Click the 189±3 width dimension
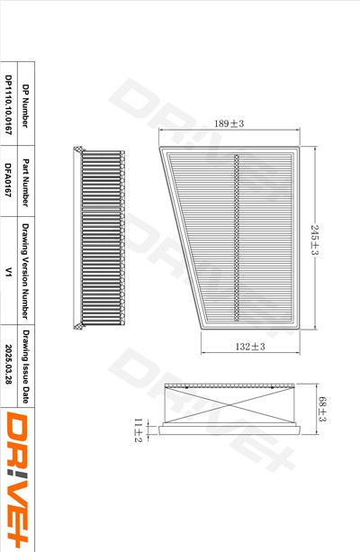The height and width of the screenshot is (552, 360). [229, 123]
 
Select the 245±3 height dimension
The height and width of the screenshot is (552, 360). [314, 240]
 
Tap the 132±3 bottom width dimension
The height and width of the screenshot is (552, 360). [250, 347]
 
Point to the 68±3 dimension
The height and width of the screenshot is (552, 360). [322, 409]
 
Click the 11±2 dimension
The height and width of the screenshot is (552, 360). [138, 430]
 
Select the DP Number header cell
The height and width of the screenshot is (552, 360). [25, 105]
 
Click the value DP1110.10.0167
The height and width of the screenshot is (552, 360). [8, 105]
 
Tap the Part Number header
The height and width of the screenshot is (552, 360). [25, 183]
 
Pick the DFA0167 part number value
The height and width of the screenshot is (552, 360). [8, 179]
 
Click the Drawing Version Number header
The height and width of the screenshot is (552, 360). [25, 271]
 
